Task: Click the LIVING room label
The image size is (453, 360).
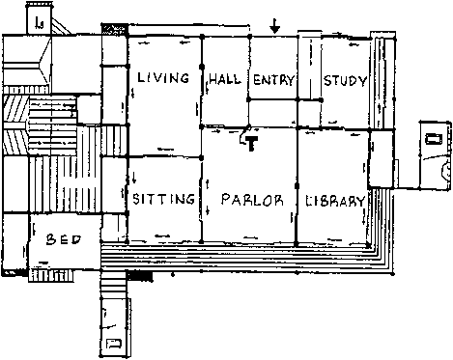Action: (163, 78)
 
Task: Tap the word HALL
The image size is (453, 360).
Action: (225, 79)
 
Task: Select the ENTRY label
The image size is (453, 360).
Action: (274, 80)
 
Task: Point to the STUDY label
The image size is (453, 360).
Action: (345, 80)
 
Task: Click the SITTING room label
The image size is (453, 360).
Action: (164, 199)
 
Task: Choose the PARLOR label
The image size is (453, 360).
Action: (252, 200)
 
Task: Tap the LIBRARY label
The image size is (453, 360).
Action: (335, 201)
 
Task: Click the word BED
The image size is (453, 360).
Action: (64, 239)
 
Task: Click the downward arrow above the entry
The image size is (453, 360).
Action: (274, 26)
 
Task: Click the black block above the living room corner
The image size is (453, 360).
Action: (115, 30)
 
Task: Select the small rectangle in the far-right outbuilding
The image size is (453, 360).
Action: (435, 139)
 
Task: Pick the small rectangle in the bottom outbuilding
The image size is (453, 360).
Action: (114, 344)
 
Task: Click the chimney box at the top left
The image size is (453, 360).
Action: (39, 18)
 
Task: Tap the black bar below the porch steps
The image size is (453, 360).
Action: (140, 276)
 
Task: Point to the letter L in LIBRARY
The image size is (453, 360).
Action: (307, 201)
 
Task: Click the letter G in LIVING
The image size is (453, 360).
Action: (184, 78)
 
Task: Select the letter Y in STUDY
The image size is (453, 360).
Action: (363, 81)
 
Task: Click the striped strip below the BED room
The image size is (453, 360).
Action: (51, 276)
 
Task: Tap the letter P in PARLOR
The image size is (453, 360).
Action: (226, 199)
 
